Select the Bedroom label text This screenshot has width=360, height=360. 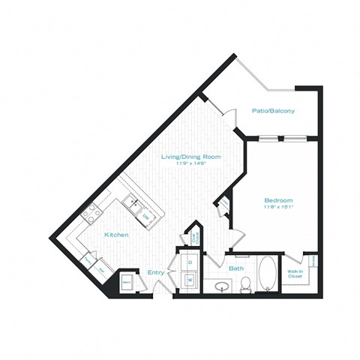coord(277,200)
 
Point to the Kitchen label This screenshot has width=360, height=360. coord(116,235)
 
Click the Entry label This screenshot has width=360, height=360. coord(155,272)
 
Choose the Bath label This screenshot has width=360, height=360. coord(236,268)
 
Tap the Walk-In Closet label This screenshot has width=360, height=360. coord(295,274)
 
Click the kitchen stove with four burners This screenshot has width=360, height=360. coord(91,213)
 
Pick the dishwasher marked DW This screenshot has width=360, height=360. coord(146,217)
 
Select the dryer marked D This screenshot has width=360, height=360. coord(189,262)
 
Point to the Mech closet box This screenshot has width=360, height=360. coord(127,281)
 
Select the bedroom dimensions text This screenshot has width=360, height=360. coord(277,208)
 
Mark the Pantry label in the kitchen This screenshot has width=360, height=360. coord(88,260)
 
